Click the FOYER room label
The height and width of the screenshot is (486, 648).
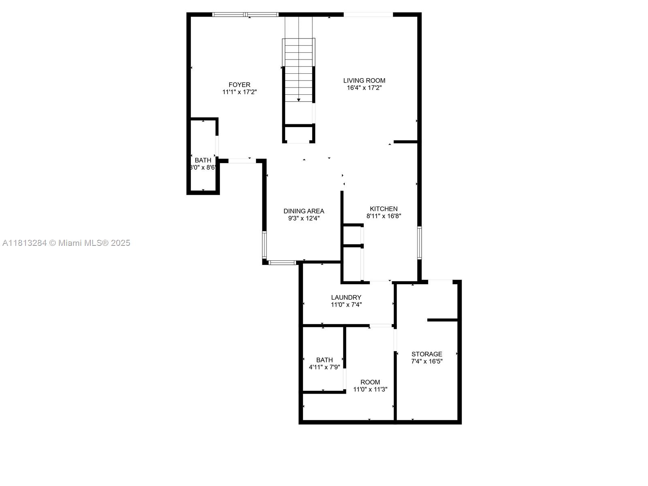(x=239, y=85)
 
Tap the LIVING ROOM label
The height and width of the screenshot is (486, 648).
(x=364, y=80)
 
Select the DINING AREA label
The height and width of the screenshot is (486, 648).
(x=304, y=211)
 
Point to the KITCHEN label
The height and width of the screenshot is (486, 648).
(x=384, y=209)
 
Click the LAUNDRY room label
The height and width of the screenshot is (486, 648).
(x=346, y=297)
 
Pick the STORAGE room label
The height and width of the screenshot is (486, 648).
(x=426, y=354)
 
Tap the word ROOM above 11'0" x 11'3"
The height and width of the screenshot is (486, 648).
(x=370, y=382)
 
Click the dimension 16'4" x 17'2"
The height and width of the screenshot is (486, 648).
(x=364, y=87)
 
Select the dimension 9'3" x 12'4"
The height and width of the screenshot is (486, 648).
(x=304, y=218)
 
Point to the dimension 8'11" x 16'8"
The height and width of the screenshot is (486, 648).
(x=384, y=216)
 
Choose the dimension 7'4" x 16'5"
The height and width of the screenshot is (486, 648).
(x=427, y=361)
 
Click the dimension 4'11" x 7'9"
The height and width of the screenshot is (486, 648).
(x=324, y=367)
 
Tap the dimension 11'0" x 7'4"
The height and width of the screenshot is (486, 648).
(x=346, y=305)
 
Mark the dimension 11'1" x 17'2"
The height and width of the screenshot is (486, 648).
(x=239, y=92)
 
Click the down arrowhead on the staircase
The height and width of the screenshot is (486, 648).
(x=298, y=100)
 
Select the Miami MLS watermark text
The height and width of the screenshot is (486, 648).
(x=66, y=243)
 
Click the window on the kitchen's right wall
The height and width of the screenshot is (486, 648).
(x=419, y=243)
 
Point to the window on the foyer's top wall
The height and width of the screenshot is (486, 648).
(x=245, y=15)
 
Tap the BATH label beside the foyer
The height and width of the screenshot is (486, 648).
(x=203, y=160)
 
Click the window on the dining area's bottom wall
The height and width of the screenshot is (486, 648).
(x=282, y=262)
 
